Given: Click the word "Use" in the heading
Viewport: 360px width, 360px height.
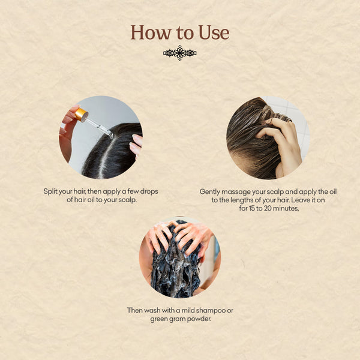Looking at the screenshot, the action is [214, 32].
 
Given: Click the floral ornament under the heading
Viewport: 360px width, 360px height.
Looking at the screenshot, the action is [180, 53].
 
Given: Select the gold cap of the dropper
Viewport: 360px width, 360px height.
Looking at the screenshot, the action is [81, 115].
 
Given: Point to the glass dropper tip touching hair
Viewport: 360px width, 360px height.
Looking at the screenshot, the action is [110, 136].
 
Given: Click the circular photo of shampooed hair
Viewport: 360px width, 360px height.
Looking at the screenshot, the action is [180, 257].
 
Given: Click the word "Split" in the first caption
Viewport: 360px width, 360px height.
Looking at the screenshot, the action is [50, 191].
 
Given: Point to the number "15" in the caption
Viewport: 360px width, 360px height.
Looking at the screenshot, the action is [251, 208].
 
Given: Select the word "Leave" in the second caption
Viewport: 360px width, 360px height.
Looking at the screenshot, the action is [300, 200].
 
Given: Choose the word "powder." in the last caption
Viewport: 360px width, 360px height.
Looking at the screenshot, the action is [199, 319].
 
